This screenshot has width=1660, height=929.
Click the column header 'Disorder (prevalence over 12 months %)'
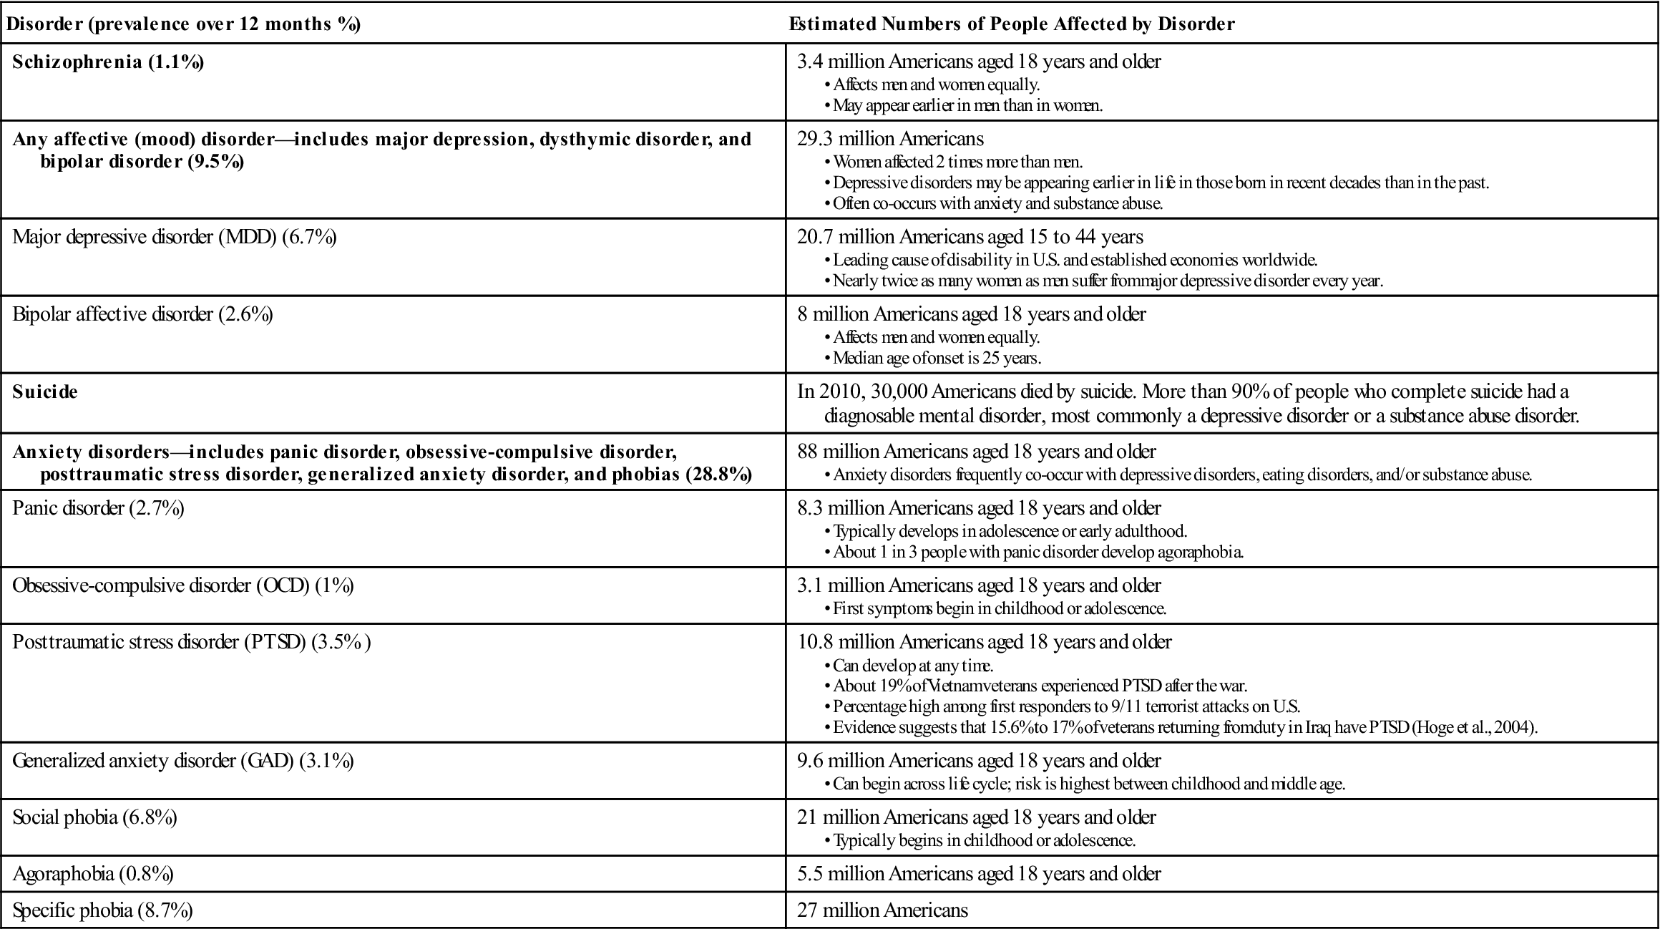pyautogui.click(x=182, y=24)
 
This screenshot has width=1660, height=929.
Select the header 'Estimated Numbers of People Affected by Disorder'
pyautogui.click(x=1012, y=24)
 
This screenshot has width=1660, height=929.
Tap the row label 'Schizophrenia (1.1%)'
pyautogui.click(x=108, y=62)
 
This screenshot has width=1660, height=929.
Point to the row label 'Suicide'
pyautogui.click(x=45, y=392)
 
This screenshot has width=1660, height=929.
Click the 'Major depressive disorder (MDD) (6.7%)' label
pyautogui.click(x=175, y=237)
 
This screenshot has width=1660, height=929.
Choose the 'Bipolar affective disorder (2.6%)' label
pyautogui.click(x=142, y=314)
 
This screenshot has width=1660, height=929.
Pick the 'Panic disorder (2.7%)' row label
pyautogui.click(x=98, y=509)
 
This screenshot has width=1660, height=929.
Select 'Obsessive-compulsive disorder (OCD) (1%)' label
pyautogui.click(x=183, y=585)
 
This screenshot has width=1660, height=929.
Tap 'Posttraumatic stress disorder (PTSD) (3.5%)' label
pyautogui.click(x=192, y=641)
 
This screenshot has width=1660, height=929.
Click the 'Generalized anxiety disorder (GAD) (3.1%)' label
pyautogui.click(x=183, y=761)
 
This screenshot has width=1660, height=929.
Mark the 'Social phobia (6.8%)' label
pyautogui.click(x=94, y=817)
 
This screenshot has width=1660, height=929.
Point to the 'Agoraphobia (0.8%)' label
pyautogui.click(x=93, y=874)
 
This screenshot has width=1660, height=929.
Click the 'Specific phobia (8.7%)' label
pyautogui.click(x=102, y=911)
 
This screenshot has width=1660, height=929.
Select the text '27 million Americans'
pyautogui.click(x=882, y=911)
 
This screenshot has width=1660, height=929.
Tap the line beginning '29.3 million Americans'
pyautogui.click(x=891, y=139)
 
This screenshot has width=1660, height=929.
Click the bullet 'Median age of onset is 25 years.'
pyautogui.click(x=937, y=358)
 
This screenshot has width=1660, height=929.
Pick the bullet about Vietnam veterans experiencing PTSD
pyautogui.click(x=1040, y=686)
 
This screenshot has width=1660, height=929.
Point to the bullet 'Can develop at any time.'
pyautogui.click(x=912, y=666)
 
